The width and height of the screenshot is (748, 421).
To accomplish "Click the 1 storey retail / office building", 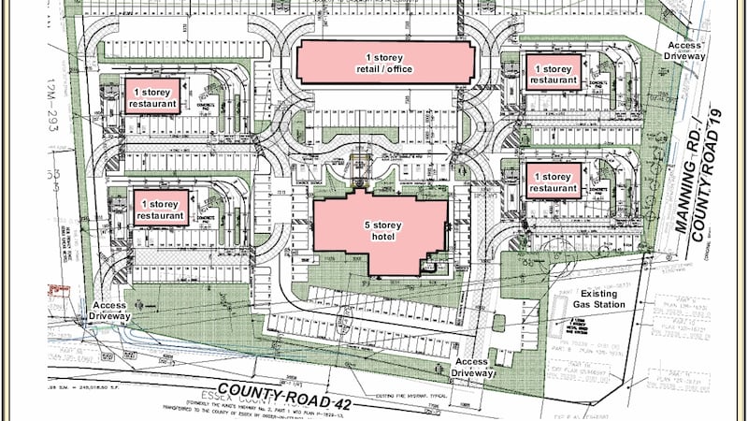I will coord(383,64).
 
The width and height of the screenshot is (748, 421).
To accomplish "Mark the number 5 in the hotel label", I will coord(367,225).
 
